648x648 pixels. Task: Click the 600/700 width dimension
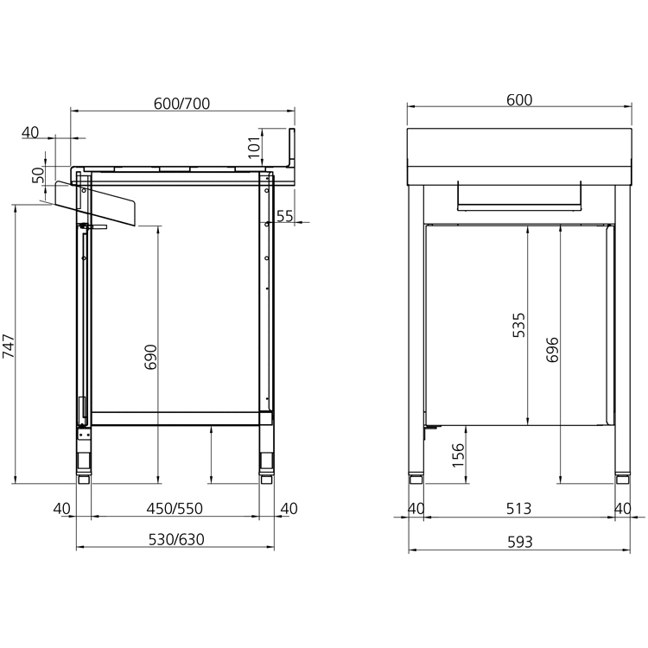[181, 104]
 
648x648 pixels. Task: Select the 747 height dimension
[9, 346]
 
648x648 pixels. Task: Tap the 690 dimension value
[151, 357]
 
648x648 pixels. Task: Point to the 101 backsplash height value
[254, 147]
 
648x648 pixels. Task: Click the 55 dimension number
[285, 216]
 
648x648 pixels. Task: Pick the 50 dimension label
[38, 175]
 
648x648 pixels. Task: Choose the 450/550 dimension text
[175, 509]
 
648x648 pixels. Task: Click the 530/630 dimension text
[176, 540]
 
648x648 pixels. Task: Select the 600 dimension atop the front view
[519, 100]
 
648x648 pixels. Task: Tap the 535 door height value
[518, 325]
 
